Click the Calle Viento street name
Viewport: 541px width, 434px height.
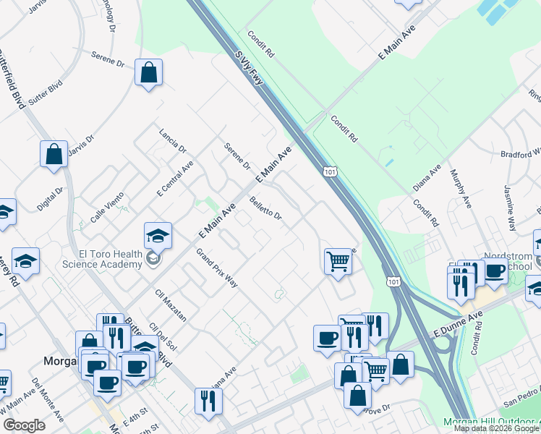[107, 205]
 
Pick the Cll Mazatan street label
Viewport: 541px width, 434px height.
[171, 305]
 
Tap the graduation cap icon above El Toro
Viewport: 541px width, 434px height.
[158, 235]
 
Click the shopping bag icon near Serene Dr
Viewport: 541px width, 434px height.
[148, 72]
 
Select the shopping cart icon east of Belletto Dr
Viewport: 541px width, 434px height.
[338, 260]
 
